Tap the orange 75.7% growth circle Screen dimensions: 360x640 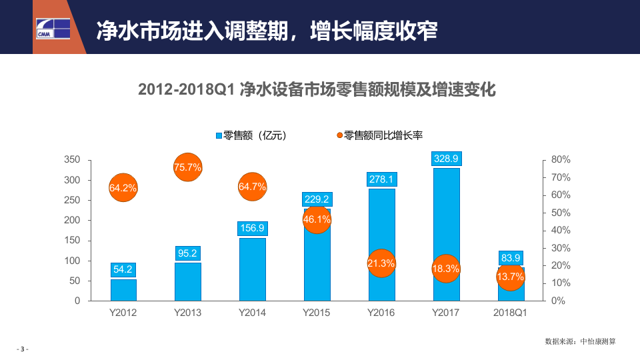tap(187, 167)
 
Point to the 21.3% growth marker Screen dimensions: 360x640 tap(381, 263)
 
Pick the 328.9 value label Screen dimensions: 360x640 tap(446, 159)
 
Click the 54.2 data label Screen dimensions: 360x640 tap(123, 270)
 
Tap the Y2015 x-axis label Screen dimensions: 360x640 tap(317, 313)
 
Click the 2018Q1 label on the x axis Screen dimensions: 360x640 tap(511, 313)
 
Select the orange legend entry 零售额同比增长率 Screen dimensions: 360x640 tap(380, 135)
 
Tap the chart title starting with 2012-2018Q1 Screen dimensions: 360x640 tap(317, 89)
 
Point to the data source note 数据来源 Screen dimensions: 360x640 tap(580, 341)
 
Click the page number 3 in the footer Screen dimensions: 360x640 tap(23, 349)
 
